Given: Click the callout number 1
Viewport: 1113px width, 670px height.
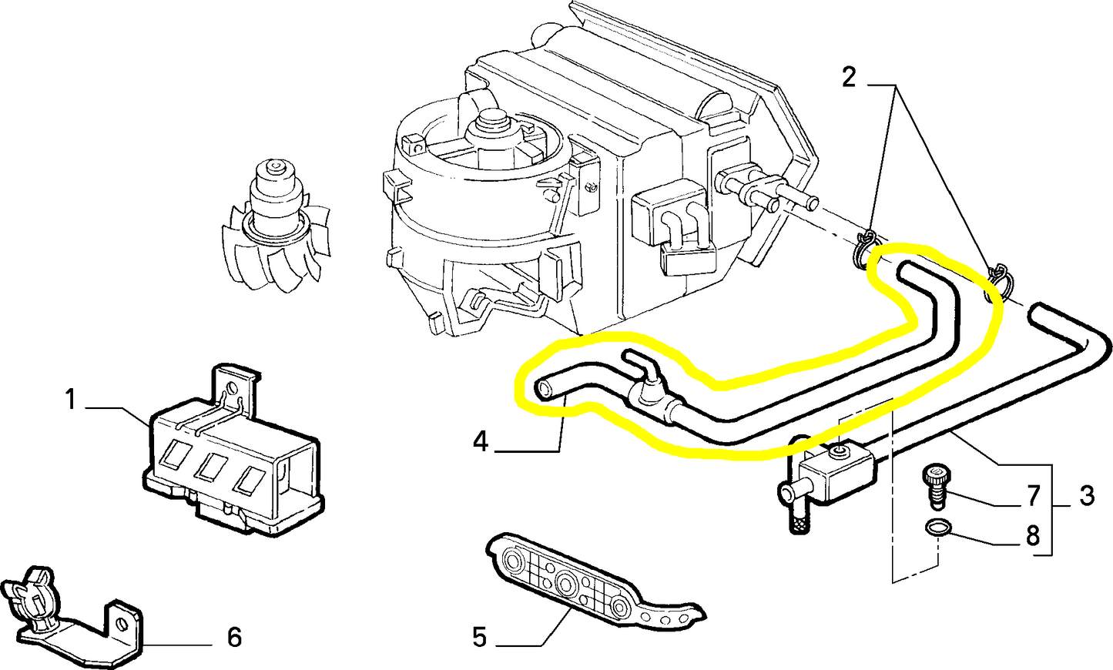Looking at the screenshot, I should (x=70, y=400).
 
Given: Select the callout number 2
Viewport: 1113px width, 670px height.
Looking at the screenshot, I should (x=848, y=78).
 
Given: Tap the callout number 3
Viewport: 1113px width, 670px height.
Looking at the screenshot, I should (x=1086, y=497).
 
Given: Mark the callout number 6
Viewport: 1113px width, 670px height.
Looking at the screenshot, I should (x=234, y=637).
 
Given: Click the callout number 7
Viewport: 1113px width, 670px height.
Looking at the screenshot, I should (x=1034, y=497).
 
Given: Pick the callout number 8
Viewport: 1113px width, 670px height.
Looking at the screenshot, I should (x=1033, y=535).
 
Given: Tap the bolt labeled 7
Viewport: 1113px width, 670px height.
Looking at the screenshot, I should (x=934, y=487).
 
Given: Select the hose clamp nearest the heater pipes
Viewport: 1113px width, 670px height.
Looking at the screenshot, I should (x=867, y=249).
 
